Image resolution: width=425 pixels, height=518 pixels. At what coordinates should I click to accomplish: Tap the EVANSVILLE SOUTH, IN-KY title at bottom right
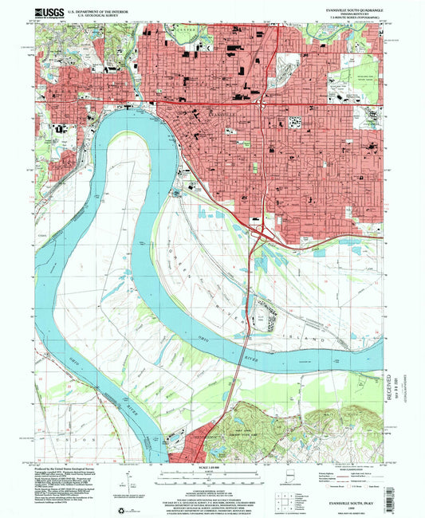[347, 502]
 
